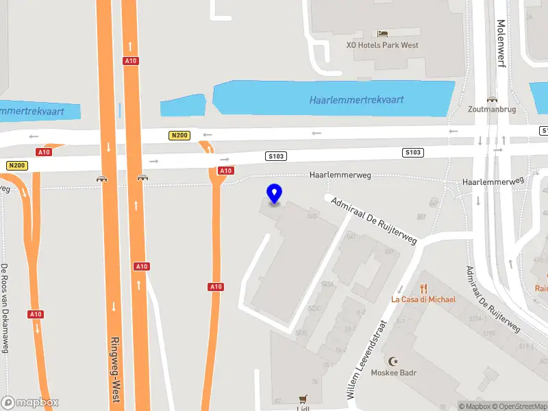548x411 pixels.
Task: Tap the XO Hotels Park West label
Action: click(382, 45)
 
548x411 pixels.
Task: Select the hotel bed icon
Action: click(382, 33)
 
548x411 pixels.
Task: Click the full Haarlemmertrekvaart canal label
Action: click(356, 100)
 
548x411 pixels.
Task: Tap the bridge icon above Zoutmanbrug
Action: click(491, 99)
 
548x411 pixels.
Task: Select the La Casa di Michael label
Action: click(423, 299)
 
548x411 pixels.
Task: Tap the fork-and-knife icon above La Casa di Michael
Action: click(423, 288)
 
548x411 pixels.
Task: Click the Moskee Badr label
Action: click(394, 373)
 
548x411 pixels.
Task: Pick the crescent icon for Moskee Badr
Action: click(393, 361)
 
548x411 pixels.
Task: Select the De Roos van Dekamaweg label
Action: click(4, 308)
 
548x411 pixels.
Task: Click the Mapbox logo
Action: click(30, 402)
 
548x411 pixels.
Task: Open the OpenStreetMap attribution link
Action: click(521, 406)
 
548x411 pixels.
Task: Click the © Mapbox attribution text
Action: click(475, 406)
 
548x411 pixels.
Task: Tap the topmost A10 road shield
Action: click(130, 61)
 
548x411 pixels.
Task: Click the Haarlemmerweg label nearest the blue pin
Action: click(340, 175)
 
